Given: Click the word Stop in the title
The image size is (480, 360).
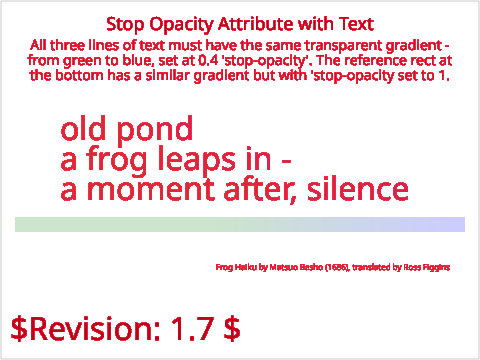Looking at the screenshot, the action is [x=125, y=25].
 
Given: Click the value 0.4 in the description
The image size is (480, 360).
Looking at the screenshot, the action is [x=209, y=61].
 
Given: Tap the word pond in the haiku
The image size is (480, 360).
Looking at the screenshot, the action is [x=155, y=131].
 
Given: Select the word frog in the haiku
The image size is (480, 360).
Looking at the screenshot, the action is [x=117, y=161].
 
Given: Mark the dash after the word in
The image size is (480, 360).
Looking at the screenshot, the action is [x=286, y=162].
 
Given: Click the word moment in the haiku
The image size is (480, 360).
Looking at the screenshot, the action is [x=150, y=189].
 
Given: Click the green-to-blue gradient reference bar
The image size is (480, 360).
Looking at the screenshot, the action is [x=240, y=224].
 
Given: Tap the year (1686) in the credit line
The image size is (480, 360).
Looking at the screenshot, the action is [x=337, y=267].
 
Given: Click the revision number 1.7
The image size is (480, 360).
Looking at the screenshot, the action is [x=192, y=329].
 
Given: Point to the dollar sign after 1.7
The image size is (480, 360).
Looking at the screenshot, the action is [x=232, y=329].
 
